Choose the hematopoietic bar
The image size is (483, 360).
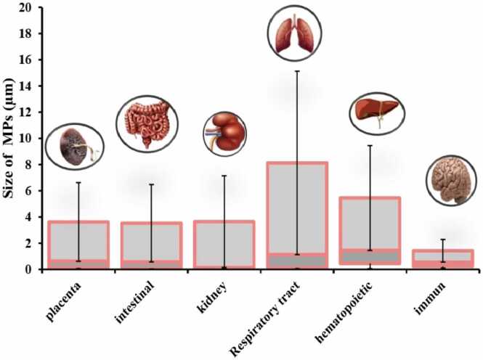coord(370,232)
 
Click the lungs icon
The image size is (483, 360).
coord(298,32)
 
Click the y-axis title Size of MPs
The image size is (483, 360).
coord(10,138)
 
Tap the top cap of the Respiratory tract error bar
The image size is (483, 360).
coord(296,71)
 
